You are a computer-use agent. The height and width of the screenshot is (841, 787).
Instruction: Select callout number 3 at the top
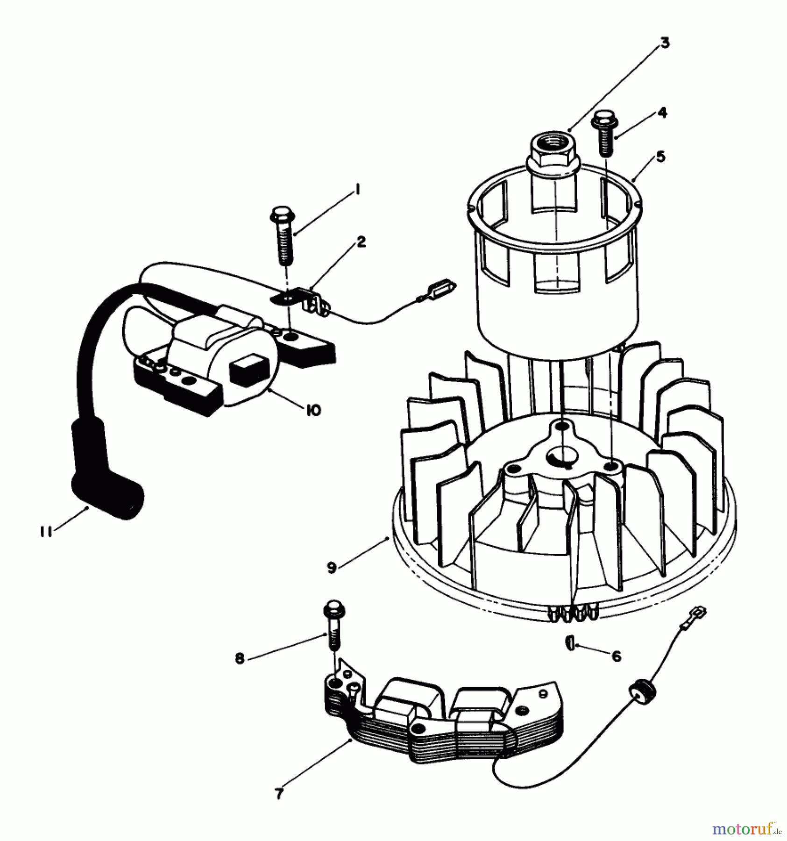point(665,43)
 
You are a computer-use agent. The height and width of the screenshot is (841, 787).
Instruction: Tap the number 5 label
point(660,157)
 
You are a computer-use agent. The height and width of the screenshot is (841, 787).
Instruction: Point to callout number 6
point(617,656)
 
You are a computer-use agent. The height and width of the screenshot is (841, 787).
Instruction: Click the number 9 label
point(332,568)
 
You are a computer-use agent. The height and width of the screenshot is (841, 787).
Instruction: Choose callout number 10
point(313,410)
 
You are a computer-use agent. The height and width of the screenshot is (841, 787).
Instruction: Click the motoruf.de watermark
point(745,829)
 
